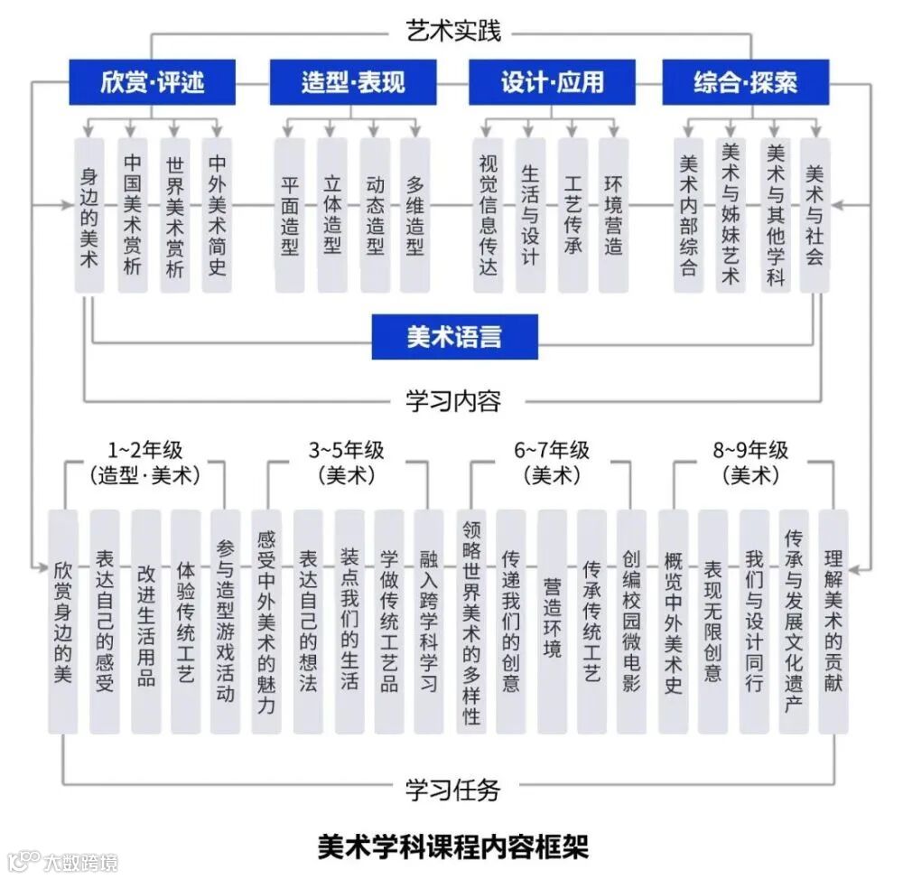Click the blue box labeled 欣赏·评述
tap(153, 83)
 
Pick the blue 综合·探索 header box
tap(745, 83)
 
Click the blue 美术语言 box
tap(454, 337)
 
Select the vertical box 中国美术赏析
tap(132, 215)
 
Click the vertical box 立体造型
tap(332, 215)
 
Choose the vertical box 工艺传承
tap(573, 215)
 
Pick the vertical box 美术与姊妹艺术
tap(730, 215)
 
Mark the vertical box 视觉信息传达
tap(489, 215)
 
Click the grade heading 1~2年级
tap(144, 450)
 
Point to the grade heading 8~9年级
tap(749, 450)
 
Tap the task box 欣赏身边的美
tap(62, 622)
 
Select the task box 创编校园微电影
tap(631, 622)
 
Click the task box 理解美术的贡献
tap(833, 622)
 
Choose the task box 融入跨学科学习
tap(429, 622)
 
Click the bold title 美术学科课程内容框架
tap(452, 846)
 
